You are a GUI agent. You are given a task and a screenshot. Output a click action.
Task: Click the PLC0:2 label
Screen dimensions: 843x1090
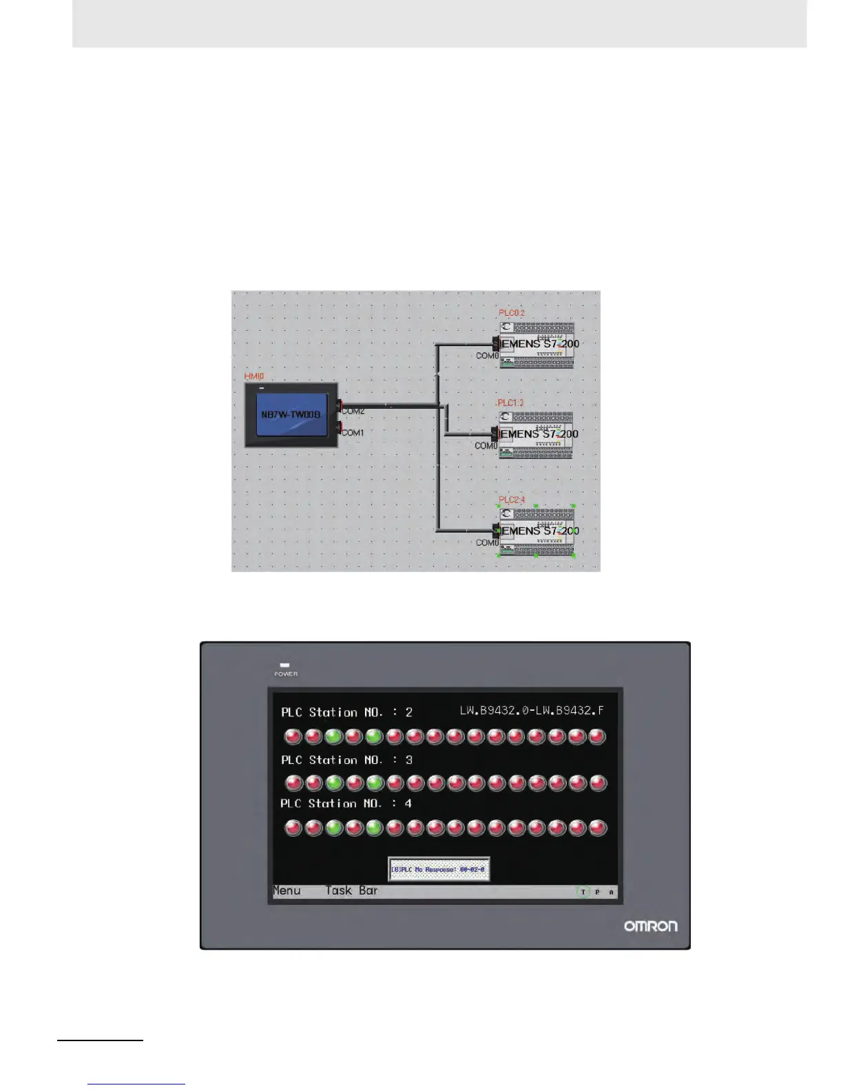(x=512, y=313)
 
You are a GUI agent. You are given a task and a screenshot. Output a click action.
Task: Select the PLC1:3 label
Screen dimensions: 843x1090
(x=510, y=403)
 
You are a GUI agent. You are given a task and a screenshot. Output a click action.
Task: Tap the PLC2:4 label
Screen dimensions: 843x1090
(x=512, y=500)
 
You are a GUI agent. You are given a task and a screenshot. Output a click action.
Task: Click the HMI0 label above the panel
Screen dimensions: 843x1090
(x=254, y=377)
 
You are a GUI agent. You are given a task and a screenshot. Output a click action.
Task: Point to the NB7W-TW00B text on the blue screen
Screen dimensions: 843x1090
(x=291, y=415)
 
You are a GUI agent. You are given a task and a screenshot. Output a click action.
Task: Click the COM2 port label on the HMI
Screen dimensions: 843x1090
(x=353, y=412)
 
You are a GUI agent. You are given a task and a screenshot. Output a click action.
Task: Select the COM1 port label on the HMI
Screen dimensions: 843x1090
(x=353, y=433)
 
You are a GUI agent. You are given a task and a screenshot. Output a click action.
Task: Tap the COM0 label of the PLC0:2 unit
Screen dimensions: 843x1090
(x=487, y=356)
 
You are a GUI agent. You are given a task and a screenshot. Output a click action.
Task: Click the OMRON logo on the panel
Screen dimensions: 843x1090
(x=650, y=926)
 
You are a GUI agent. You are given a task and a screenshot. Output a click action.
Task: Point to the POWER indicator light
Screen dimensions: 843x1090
(x=285, y=665)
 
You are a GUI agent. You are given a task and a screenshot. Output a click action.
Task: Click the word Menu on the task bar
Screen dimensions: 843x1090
(x=287, y=890)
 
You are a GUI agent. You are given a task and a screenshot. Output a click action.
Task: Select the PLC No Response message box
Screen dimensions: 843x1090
(x=439, y=869)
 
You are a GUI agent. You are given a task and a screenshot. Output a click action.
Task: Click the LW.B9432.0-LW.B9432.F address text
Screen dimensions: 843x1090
(x=532, y=710)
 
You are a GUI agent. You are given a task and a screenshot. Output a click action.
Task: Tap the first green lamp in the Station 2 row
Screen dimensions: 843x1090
(x=333, y=737)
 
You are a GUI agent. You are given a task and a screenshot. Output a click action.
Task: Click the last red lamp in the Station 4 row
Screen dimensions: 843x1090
(x=598, y=827)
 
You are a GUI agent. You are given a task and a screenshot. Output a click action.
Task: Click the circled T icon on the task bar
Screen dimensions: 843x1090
(x=583, y=892)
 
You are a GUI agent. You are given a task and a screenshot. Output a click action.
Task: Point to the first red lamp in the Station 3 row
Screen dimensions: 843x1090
(x=293, y=783)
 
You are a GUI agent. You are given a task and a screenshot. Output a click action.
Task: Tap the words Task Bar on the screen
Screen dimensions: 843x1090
(x=351, y=890)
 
